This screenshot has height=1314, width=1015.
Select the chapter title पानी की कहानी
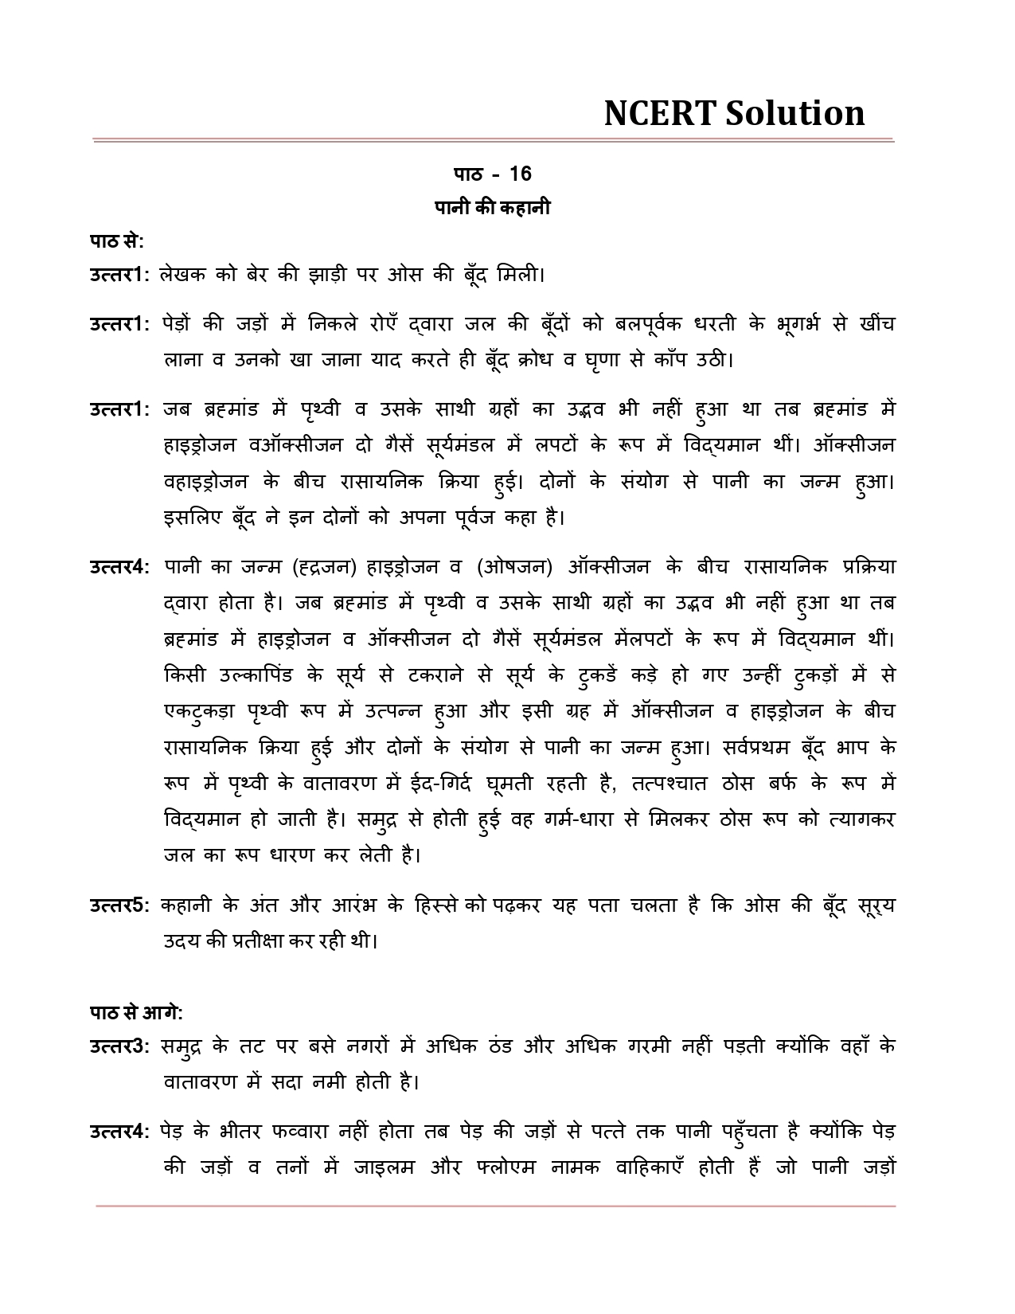tap(492, 208)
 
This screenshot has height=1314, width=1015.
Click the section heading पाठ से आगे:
tap(136, 1013)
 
